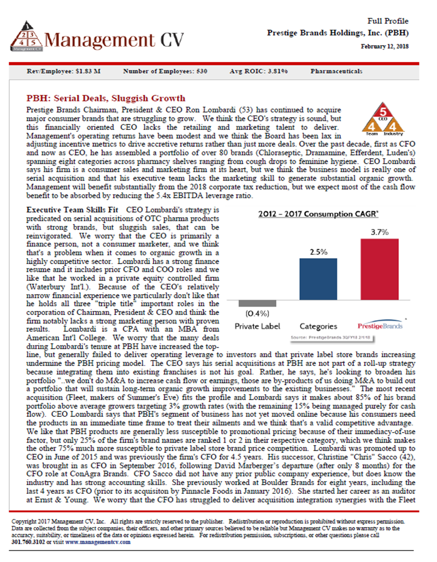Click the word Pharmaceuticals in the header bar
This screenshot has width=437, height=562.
click(x=336, y=71)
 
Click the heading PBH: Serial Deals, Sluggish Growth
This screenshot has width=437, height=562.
click(x=106, y=99)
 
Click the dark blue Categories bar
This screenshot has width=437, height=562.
click(x=318, y=278)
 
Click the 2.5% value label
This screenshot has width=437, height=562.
click(x=318, y=252)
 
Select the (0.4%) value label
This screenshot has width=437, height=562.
click(x=256, y=314)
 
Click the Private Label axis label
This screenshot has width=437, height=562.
click(x=256, y=326)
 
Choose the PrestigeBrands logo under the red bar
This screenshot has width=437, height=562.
click(x=379, y=326)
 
